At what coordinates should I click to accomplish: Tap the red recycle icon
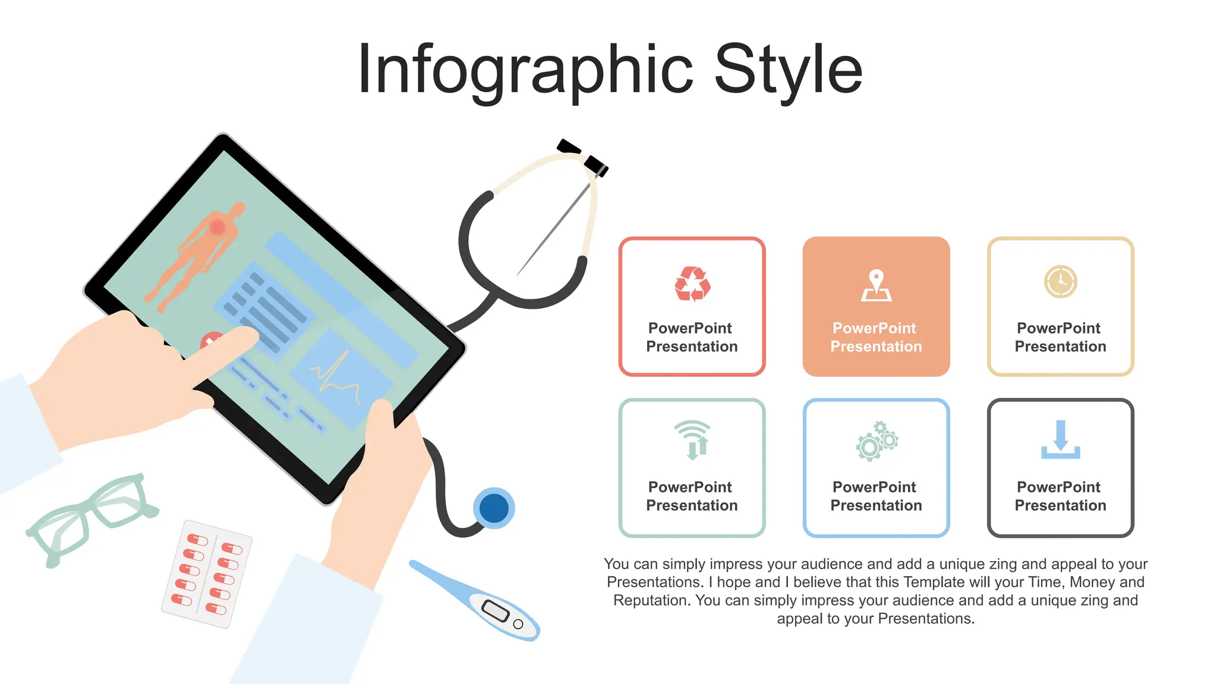point(692,284)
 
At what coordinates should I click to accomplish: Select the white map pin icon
point(877,285)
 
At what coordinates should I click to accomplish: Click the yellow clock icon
point(1061,281)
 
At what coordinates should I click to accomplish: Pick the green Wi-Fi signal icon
point(693,440)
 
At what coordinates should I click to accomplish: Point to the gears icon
point(877,441)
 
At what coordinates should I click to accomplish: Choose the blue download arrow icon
point(1061,440)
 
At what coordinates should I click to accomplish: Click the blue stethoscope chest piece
point(494,508)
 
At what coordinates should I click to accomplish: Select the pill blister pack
point(207,574)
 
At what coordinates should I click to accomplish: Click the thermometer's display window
point(495,610)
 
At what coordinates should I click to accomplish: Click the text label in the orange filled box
point(877,337)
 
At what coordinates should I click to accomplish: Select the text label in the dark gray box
point(1061,496)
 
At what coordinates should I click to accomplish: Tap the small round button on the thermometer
point(518,624)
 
